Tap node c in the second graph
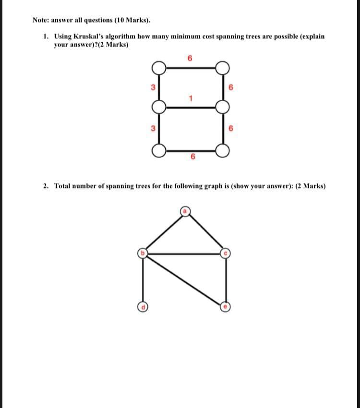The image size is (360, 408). point(226,253)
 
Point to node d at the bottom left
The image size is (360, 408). point(143,306)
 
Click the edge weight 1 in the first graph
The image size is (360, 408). point(191,99)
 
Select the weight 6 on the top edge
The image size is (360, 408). point(191,59)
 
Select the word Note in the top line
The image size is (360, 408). point(41,20)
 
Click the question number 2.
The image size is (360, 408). point(45,186)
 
